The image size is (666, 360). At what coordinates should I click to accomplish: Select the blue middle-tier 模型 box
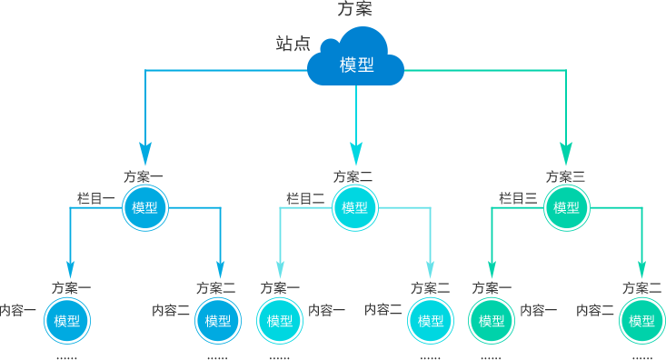pyautogui.click(x=145, y=207)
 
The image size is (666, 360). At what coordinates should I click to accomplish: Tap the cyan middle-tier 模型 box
pyautogui.click(x=355, y=207)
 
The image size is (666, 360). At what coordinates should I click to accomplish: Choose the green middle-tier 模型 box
pyautogui.click(x=566, y=207)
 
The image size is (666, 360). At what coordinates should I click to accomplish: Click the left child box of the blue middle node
pyautogui.click(x=67, y=320)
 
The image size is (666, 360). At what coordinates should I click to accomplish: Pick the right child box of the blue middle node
pyautogui.click(x=217, y=320)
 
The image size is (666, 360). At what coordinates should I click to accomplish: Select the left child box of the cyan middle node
pyautogui.click(x=279, y=320)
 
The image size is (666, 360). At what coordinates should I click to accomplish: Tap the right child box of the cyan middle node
pyautogui.click(x=431, y=320)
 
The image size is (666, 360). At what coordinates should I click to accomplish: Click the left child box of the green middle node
pyautogui.click(x=492, y=320)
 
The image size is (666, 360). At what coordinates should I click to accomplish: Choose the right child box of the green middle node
pyautogui.click(x=641, y=320)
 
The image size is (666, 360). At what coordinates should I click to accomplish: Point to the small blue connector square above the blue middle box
pyautogui.click(x=144, y=154)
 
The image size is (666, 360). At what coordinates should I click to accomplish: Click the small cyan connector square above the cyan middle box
pyautogui.click(x=355, y=154)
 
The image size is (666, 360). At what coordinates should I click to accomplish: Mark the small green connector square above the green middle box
pyautogui.click(x=566, y=154)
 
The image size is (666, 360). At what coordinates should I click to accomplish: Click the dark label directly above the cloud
pyautogui.click(x=354, y=8)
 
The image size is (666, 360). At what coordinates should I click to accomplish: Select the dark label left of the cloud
pyautogui.click(x=293, y=44)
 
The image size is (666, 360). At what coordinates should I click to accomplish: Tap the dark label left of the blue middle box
pyautogui.click(x=95, y=198)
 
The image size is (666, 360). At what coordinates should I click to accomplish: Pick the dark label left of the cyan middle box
pyautogui.click(x=304, y=198)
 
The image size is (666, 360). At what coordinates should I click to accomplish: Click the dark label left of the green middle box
pyautogui.click(x=518, y=198)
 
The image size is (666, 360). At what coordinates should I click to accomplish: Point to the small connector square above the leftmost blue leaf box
pyautogui.click(x=70, y=270)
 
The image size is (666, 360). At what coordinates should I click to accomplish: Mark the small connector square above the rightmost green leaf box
pyautogui.click(x=641, y=270)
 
